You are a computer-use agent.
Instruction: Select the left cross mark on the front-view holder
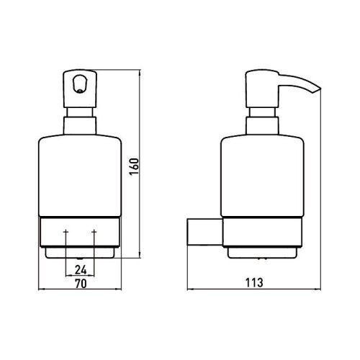(66, 233)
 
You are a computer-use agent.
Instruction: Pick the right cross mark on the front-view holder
(94, 233)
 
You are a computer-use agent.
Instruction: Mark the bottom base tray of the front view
(79, 253)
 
